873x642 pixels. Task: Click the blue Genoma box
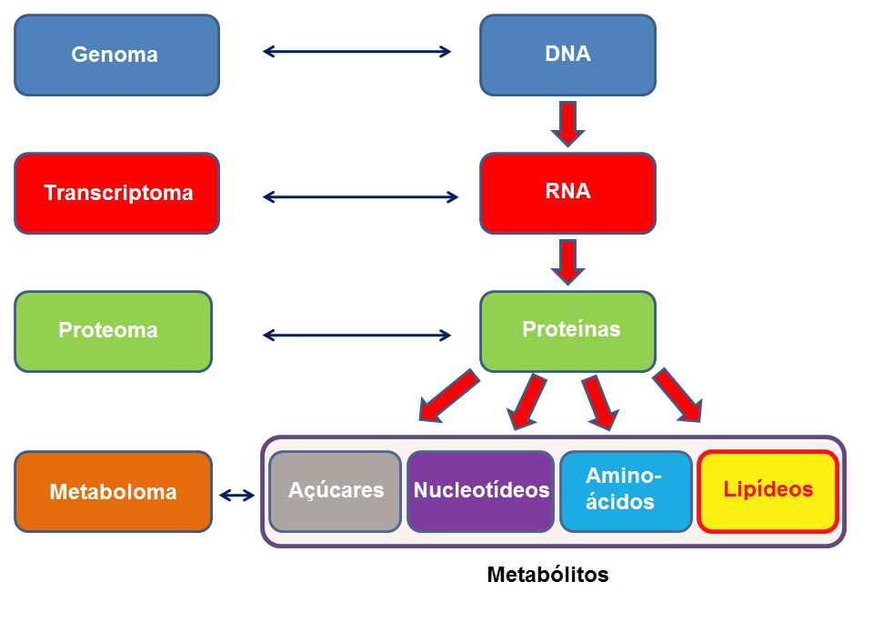[117, 55]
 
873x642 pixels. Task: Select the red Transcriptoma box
[117, 193]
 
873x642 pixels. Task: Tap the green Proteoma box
[113, 331]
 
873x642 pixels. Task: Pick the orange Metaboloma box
[113, 492]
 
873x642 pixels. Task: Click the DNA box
[567, 55]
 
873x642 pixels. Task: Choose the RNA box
[567, 193]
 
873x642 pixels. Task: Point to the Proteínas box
[567, 331]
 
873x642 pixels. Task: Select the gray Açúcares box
[336, 492]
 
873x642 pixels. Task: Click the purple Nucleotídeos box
[480, 492]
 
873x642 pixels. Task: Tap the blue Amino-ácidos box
[627, 492]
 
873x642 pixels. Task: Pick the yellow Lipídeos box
[768, 492]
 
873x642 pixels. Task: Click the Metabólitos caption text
[547, 575]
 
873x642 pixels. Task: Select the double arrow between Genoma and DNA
[356, 52]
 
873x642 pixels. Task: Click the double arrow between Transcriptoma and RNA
[360, 196]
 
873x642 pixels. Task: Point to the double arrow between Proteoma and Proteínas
[356, 336]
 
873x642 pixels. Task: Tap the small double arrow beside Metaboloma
[236, 495]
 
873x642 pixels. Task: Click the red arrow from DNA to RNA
[567, 125]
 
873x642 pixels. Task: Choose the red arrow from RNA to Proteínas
[567, 262]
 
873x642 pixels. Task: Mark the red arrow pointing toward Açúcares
[448, 396]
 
